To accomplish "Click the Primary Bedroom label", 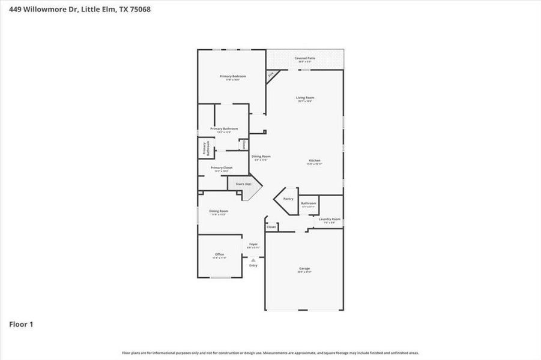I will point(232,76).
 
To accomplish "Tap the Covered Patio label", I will point(305,58).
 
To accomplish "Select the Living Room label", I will point(305,98).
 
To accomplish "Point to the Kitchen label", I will point(315,161).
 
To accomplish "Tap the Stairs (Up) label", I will point(243,184).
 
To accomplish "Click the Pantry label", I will point(288,199).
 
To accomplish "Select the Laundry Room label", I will point(330,219).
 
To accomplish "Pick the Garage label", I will point(304,268).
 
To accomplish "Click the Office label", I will point(219,254).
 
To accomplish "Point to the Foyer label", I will point(253,244).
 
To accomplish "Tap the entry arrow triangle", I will point(253,260).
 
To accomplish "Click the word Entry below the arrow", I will point(253,265).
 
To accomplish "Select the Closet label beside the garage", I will point(271,227).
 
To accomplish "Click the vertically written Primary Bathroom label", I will point(205,148).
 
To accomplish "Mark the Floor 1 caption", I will point(21,325).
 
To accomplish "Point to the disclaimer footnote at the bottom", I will point(270,353).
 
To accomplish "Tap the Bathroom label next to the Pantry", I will point(309,203).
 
